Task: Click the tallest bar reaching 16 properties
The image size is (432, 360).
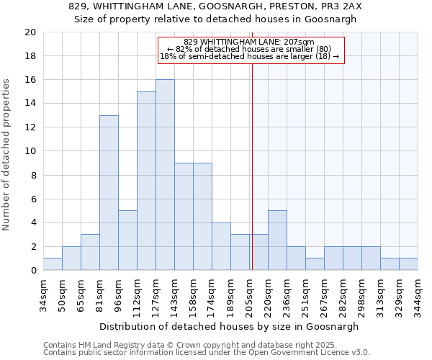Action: click(x=165, y=175)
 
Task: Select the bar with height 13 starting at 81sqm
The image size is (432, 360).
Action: click(x=109, y=193)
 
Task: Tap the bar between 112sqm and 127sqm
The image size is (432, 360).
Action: click(x=146, y=181)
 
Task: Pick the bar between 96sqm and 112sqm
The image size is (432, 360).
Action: click(x=127, y=240)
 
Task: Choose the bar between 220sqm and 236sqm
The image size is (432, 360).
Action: click(x=277, y=240)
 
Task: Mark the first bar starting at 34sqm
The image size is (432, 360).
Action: click(x=53, y=264)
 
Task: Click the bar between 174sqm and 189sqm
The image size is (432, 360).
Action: click(x=221, y=246)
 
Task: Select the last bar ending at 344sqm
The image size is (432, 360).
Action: click(x=408, y=264)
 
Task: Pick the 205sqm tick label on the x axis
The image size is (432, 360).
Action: click(x=249, y=293)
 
